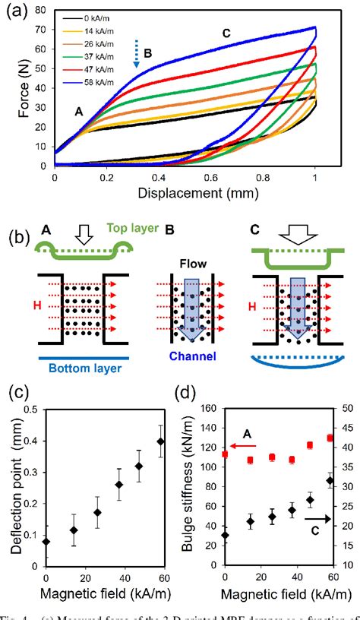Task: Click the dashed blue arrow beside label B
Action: point(137,57)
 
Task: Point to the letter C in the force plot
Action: point(226,33)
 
